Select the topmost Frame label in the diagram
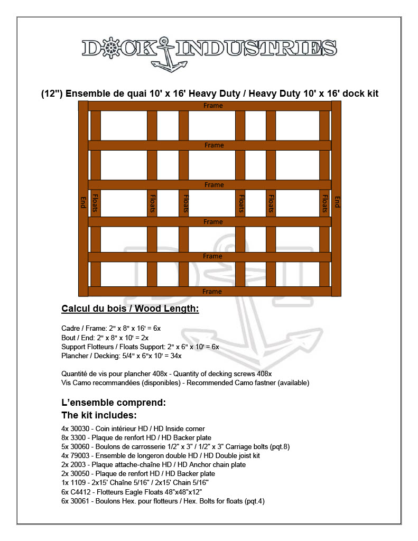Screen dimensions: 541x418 (x=213, y=106)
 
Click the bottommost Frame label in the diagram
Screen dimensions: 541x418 (x=212, y=291)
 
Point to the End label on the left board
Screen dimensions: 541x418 (x=83, y=202)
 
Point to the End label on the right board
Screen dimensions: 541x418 (x=337, y=202)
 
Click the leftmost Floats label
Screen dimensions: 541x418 (x=96, y=202)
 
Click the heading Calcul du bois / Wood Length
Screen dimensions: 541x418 (x=130, y=309)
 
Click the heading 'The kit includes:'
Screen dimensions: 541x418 (x=99, y=415)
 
